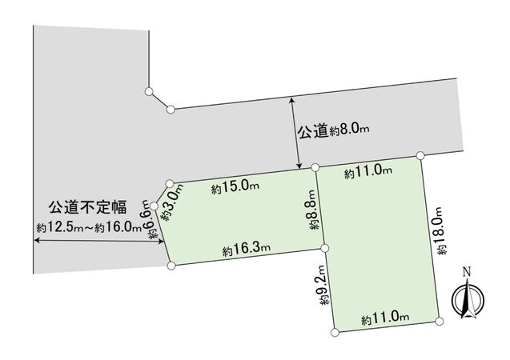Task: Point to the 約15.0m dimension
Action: coord(235,188)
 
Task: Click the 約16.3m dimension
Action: coord(247,251)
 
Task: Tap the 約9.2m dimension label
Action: coord(322,286)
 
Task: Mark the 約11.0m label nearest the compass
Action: coord(385,319)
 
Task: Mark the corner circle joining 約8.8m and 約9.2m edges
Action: coord(325,247)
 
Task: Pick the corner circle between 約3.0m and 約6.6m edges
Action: coord(155,206)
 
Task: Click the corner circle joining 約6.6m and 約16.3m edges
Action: coord(171,265)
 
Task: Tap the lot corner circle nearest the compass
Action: coord(439,321)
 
